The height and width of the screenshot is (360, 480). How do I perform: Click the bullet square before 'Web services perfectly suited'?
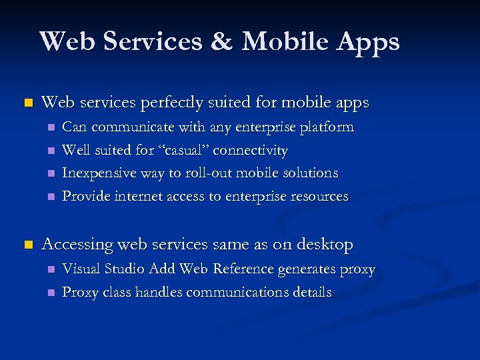click(x=27, y=103)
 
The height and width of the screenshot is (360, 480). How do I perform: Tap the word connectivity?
click(x=250, y=151)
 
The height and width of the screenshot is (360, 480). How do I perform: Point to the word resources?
click(x=319, y=196)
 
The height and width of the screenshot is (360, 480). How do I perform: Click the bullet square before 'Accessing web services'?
click(x=27, y=245)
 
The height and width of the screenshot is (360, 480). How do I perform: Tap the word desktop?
click(x=325, y=245)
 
